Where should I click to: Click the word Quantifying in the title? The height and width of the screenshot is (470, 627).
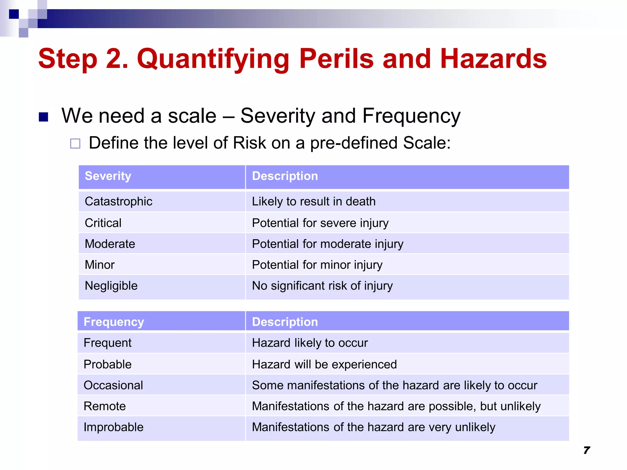[213, 59]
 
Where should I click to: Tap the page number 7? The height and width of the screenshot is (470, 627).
[586, 450]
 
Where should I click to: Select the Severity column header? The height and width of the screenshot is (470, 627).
[108, 176]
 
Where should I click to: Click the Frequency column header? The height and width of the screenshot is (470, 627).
[114, 322]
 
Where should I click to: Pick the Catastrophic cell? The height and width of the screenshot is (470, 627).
[118, 202]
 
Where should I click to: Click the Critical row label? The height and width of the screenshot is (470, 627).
[103, 223]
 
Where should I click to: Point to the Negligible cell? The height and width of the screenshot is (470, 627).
[111, 286]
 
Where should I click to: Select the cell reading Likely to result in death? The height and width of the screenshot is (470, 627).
[313, 202]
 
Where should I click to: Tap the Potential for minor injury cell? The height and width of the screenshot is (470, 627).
[317, 265]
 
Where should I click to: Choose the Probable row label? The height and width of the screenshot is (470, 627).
[107, 364]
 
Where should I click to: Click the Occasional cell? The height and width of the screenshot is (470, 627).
[113, 385]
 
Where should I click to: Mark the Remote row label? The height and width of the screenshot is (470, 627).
[104, 406]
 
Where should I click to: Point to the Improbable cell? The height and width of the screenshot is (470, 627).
[113, 427]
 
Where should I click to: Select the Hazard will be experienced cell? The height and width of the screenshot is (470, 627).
[324, 364]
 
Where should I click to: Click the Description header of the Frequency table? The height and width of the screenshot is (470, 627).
[285, 322]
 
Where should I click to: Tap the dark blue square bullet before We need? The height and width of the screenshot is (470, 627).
[43, 117]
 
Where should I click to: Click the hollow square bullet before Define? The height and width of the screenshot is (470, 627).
[75, 144]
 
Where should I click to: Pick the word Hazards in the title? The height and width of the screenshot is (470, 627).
[493, 59]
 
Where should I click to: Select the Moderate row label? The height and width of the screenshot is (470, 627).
[110, 244]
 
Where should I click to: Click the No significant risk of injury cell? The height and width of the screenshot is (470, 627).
[322, 286]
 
